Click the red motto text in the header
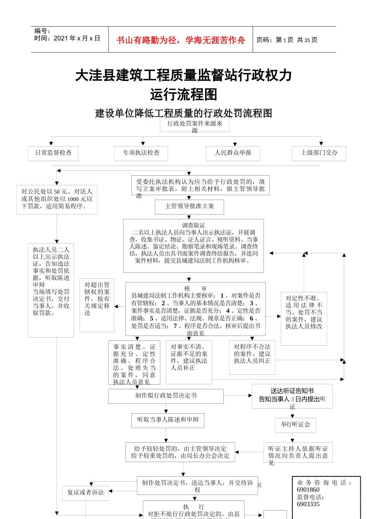pyautogui.click(x=180, y=40)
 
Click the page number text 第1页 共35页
pyautogui.click(x=287, y=40)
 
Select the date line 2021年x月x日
pyautogui.click(x=67, y=38)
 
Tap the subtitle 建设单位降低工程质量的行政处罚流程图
pyautogui.click(x=183, y=113)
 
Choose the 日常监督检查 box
pyautogui.click(x=53, y=153)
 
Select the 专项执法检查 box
pyautogui.click(x=141, y=153)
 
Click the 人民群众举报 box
pyautogui.click(x=233, y=153)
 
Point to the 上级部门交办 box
pyautogui.click(x=319, y=153)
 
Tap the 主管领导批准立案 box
pyautogui.click(x=189, y=206)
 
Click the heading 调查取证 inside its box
pyautogui.click(x=194, y=225)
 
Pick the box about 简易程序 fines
pyautogui.click(x=57, y=199)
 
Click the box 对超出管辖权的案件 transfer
pyautogui.click(x=97, y=299)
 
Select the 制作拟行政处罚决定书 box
pyautogui.click(x=166, y=396)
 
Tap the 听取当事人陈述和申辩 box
pyautogui.click(x=168, y=420)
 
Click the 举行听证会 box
pyautogui.click(x=296, y=424)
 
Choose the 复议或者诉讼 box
pyautogui.click(x=85, y=492)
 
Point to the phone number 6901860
pyautogui.click(x=308, y=490)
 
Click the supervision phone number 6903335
pyautogui.click(x=308, y=504)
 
